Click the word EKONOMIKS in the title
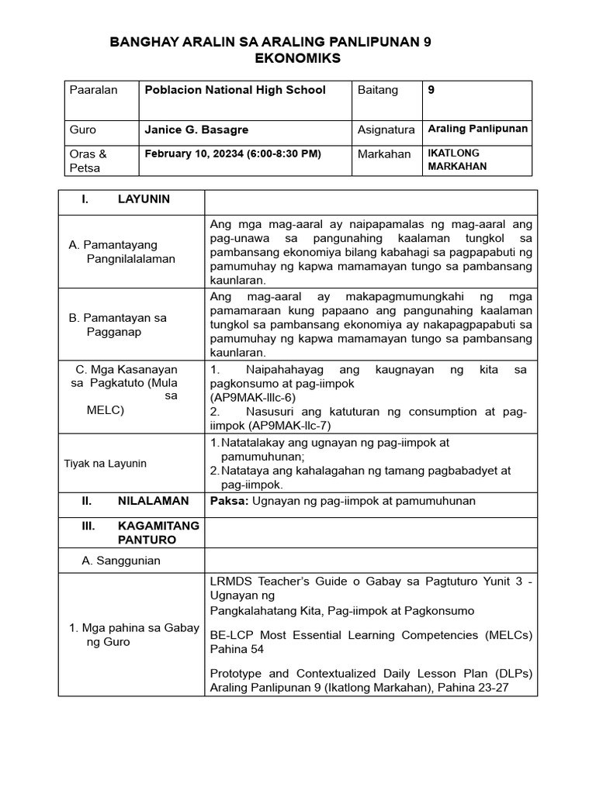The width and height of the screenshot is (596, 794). coord(297,59)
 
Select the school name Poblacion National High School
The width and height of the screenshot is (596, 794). coord(235,90)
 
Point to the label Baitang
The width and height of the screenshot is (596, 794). coord(377,90)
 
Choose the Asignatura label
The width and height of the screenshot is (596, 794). coord(386,130)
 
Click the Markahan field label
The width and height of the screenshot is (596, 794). coord(383,154)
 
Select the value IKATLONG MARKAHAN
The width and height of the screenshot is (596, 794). coord(459,160)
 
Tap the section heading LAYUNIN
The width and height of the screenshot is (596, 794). coord(144,199)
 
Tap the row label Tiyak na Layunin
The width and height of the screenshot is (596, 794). coord(105,464)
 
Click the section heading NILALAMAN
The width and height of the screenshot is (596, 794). coord(153,501)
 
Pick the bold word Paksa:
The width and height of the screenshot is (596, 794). coord(229,501)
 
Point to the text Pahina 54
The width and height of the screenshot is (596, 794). coord(237,650)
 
